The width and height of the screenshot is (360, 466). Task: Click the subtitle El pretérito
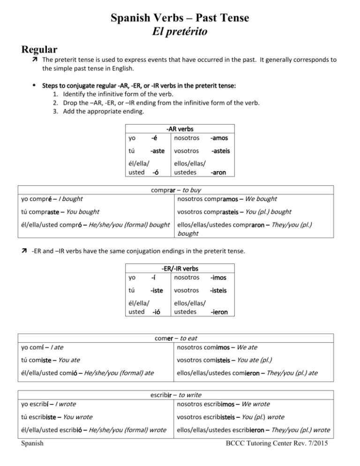[x=180, y=32]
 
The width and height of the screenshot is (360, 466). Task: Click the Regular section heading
[x=39, y=50]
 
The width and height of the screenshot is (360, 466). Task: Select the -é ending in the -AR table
[x=154, y=138]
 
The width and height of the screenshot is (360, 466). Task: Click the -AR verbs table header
[x=180, y=128]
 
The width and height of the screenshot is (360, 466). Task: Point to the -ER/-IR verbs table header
[x=180, y=269]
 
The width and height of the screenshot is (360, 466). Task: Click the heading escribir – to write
[x=180, y=395]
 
